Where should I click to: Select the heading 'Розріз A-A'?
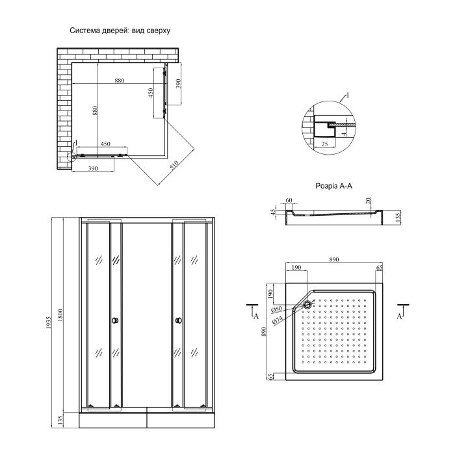tap(333, 186)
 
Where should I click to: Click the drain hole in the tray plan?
tap(307, 303)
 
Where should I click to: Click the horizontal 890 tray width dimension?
tap(333, 259)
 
